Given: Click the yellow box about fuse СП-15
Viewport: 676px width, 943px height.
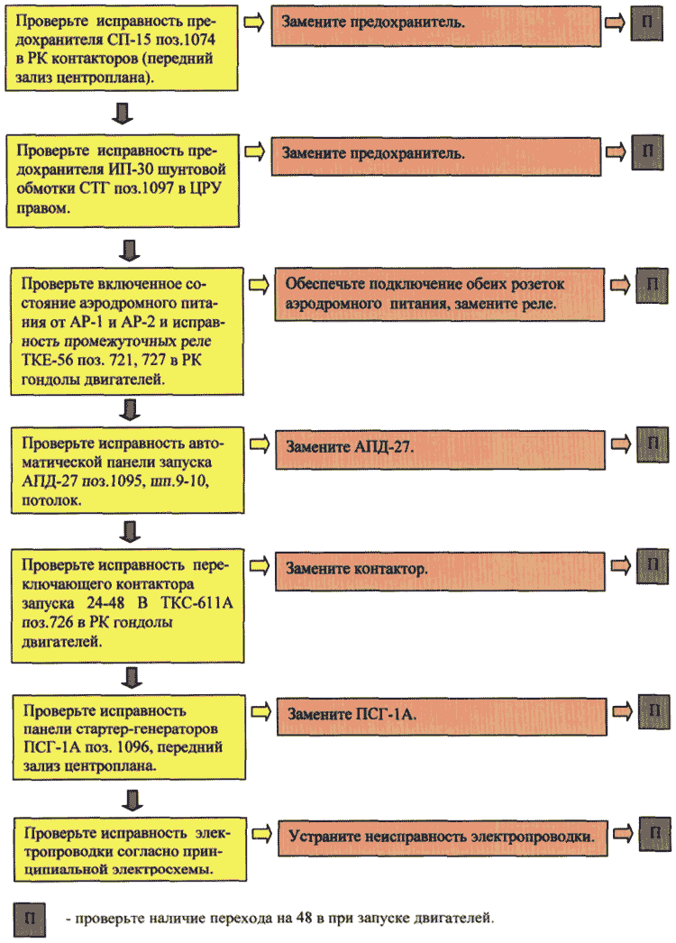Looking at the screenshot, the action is (x=122, y=48).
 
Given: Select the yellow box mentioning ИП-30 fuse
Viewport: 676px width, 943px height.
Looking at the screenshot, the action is (x=123, y=181).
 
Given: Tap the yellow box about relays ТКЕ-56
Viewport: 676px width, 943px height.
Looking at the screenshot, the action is (x=127, y=332).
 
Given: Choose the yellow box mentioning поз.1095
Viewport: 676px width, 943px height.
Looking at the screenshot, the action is (x=127, y=471).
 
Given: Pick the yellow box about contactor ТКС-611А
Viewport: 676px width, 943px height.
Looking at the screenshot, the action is (x=127, y=606).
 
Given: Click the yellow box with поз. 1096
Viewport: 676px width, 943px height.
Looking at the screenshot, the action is (x=129, y=737).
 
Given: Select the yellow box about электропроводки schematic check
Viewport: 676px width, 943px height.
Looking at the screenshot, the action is (x=130, y=850).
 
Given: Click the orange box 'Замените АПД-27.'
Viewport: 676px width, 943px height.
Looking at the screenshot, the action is (x=440, y=449).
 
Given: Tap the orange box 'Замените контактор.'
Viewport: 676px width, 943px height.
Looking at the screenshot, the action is (x=440, y=571).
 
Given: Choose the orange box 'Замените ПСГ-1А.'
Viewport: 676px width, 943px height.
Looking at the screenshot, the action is (x=442, y=717).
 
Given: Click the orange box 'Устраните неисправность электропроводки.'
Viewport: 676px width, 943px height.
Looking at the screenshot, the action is (x=443, y=838).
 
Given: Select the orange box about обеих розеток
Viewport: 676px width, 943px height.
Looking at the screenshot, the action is (x=440, y=295).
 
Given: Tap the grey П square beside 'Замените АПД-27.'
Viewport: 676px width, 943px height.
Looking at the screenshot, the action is (x=653, y=445).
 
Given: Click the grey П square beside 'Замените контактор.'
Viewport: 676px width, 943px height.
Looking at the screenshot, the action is (x=653, y=566).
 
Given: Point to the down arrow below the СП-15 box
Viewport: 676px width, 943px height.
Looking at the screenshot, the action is (x=123, y=113).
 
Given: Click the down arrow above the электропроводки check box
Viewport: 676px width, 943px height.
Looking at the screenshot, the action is (x=132, y=800).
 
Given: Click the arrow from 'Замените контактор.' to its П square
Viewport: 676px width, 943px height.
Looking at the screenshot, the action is (x=621, y=565).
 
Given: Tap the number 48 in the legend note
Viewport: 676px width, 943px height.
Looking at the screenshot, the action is (x=304, y=919).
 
